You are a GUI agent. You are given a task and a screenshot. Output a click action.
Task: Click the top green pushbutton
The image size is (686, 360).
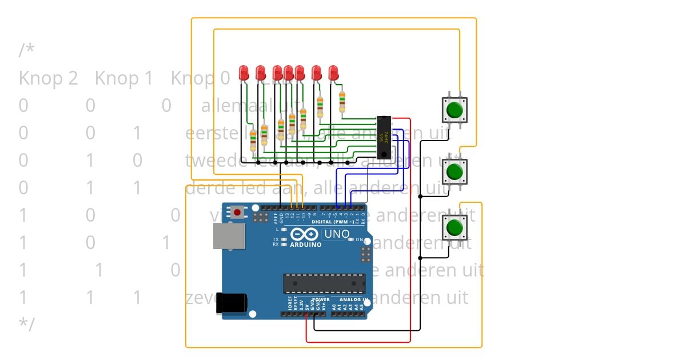coord(455,109)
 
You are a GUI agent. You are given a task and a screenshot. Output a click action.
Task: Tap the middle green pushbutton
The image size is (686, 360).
coord(455,171)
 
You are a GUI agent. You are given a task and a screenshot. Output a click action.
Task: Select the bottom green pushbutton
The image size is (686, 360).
coord(455,227)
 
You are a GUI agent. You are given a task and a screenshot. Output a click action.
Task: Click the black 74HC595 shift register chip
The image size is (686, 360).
coord(385,137)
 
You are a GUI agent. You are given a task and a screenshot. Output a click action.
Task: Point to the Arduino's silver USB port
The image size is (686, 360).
coord(229,235)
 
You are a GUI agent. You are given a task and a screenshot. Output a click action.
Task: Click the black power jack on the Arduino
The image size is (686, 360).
coord(232,303)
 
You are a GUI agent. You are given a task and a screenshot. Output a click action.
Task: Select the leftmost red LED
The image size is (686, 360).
coord(244,73)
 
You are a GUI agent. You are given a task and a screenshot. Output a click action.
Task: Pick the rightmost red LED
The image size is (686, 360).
coord(334,73)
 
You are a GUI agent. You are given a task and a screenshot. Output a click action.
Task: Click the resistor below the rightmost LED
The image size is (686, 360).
coord(342,102)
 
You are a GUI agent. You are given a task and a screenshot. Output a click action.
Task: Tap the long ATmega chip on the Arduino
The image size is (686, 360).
coord(324,283)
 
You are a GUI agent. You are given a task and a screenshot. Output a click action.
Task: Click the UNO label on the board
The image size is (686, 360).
coord(337,234)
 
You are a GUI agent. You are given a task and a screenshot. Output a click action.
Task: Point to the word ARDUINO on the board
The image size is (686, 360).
coord(305,245)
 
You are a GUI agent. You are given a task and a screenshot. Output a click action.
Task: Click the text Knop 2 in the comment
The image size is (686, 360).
coord(48,78)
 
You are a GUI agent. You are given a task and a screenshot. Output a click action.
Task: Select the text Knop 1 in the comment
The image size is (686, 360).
coord(124,78)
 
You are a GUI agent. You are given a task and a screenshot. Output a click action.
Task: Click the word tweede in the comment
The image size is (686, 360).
coord(209,161)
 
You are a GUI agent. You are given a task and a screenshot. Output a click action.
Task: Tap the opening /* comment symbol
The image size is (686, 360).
coord(26,50)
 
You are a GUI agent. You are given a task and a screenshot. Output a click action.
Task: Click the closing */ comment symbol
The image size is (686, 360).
coord(26,324)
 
